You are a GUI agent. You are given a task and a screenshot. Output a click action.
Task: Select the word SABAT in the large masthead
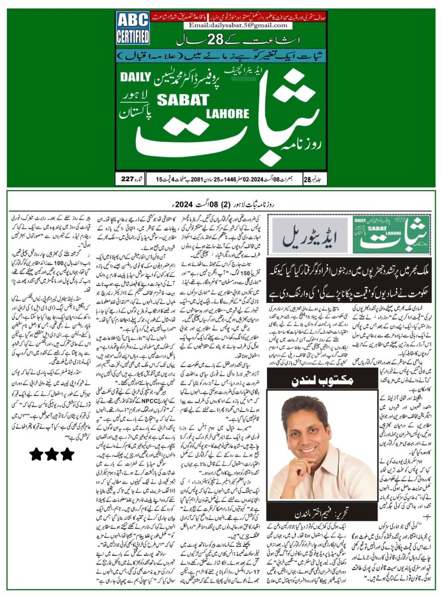coord(180,99)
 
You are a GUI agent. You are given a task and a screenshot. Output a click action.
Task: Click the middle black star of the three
coord(52,454)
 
